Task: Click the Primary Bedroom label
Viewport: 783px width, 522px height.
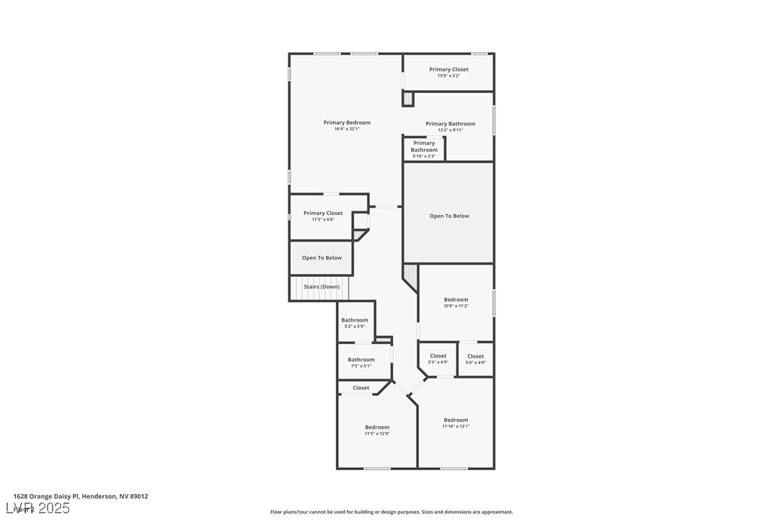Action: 347,123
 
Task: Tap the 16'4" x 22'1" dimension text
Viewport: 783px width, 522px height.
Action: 347,129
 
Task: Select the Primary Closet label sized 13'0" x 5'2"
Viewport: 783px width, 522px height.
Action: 448,70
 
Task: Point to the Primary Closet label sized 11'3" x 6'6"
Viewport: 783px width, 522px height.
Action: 323,213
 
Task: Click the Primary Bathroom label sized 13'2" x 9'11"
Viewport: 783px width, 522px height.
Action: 450,124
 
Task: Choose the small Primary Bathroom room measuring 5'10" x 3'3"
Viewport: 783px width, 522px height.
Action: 424,149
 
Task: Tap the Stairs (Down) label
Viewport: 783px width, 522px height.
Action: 322,287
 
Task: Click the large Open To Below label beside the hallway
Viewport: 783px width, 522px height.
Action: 449,216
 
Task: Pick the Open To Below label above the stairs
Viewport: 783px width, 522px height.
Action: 322,258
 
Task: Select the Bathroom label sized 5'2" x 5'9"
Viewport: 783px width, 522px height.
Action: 355,320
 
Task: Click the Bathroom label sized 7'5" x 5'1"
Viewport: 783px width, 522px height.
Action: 361,360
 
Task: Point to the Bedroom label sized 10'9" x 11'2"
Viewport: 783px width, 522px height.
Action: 456,300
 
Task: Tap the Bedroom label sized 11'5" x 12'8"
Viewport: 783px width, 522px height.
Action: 377,428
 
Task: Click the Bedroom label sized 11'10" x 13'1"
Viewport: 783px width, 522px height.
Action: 456,420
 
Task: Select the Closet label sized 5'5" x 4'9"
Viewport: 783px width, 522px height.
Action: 438,356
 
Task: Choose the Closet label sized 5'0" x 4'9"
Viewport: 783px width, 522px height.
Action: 476,356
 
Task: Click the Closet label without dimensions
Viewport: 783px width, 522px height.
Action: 361,388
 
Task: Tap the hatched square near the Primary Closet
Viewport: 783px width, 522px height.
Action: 408,99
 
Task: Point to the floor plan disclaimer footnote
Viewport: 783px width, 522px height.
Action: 391,512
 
